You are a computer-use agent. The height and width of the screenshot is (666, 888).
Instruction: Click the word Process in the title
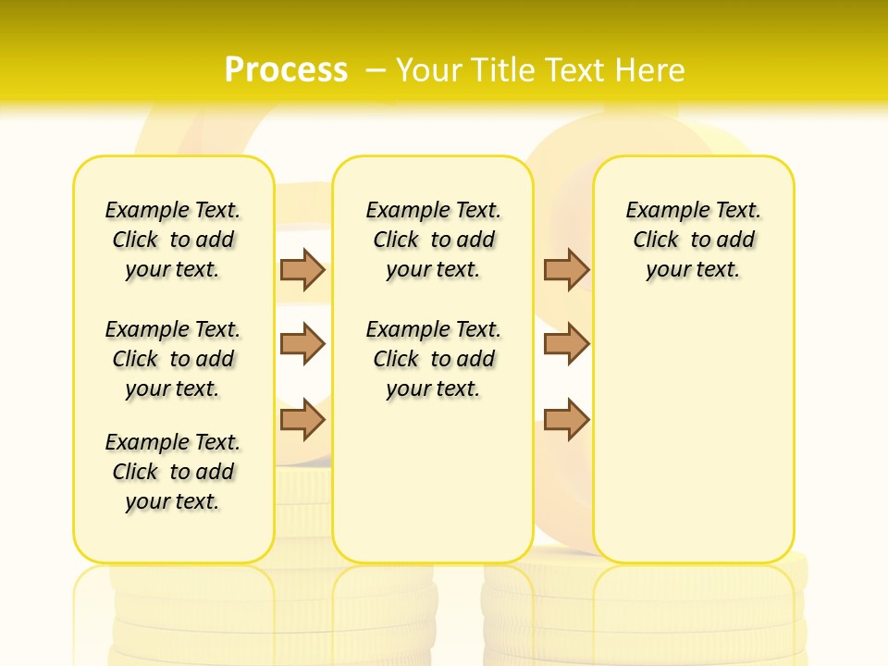(x=286, y=69)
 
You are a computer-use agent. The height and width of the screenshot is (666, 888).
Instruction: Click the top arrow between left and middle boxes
(x=302, y=269)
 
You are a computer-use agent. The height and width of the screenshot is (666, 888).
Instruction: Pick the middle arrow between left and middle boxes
(x=302, y=344)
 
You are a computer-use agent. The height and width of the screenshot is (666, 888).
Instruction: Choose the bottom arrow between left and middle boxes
(x=302, y=420)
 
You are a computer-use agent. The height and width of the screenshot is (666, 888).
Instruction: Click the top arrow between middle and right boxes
(x=566, y=269)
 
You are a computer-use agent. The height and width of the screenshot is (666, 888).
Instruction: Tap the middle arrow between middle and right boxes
(x=566, y=344)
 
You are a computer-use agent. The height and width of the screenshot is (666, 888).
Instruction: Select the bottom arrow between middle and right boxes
(x=566, y=420)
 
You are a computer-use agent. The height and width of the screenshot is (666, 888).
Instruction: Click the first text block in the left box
(x=173, y=240)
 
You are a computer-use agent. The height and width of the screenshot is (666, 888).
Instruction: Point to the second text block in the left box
(x=173, y=359)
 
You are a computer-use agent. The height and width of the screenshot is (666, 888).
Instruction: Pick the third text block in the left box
(x=173, y=472)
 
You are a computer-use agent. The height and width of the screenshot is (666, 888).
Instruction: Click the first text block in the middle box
(x=434, y=240)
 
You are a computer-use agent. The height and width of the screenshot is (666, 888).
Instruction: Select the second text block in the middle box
(x=434, y=359)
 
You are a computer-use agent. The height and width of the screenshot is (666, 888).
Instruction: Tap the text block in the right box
(x=694, y=240)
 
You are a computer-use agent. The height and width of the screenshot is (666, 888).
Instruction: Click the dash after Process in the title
(x=376, y=69)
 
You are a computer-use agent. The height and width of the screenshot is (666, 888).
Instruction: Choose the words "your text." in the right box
(x=694, y=270)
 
